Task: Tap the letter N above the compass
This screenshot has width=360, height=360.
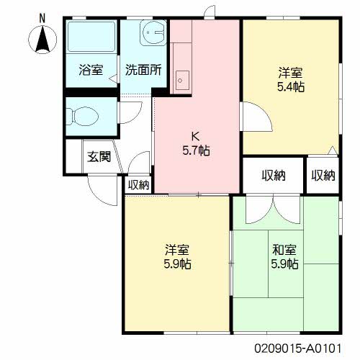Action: coord(42,16)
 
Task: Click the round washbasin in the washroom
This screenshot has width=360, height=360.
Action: coord(153,32)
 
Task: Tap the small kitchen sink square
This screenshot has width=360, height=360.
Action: coord(183,77)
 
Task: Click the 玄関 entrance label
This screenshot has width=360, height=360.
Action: coord(99,158)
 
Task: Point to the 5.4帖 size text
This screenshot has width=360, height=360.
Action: coord(291,86)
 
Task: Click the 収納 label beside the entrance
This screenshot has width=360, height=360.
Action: coord(139,184)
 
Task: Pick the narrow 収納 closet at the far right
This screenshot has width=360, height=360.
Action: coord(323,175)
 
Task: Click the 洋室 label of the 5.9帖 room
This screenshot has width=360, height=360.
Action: coord(177,251)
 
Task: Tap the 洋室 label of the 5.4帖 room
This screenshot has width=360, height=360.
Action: coord(291,73)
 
